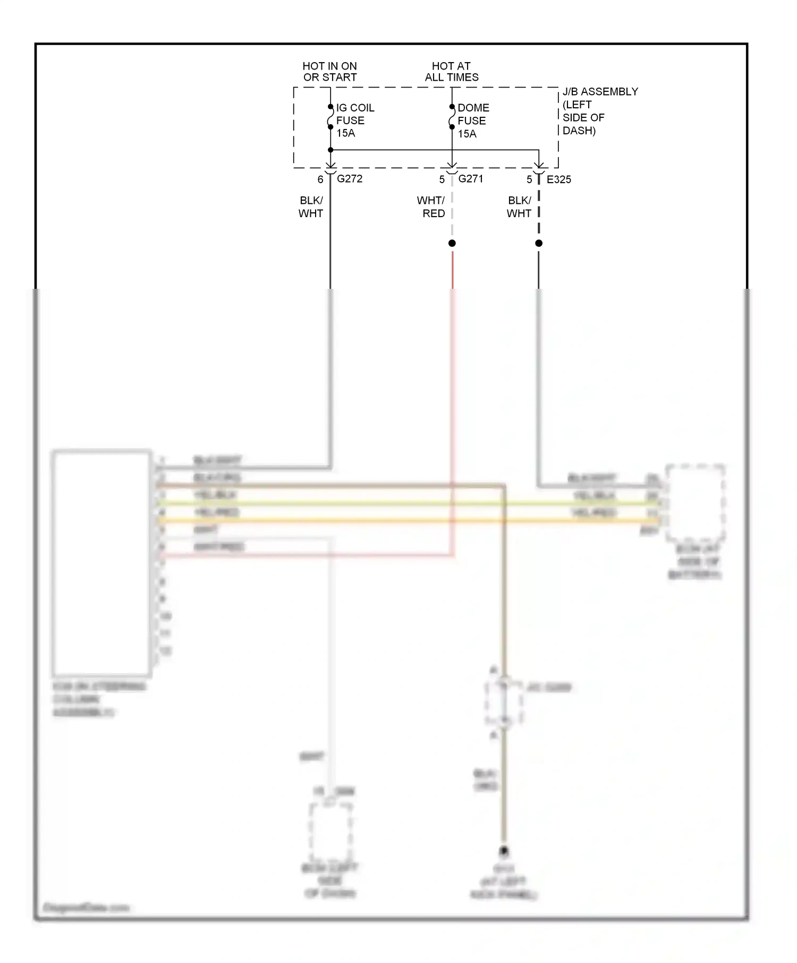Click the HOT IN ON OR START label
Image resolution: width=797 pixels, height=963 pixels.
click(x=329, y=72)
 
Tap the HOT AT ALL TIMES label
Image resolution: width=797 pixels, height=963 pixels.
click(x=451, y=72)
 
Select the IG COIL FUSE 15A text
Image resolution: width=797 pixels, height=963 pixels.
click(x=354, y=121)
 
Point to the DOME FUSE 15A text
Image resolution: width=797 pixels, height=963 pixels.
click(x=473, y=121)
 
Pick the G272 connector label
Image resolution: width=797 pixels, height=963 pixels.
click(x=350, y=179)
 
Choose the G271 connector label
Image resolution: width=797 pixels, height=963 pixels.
click(x=471, y=179)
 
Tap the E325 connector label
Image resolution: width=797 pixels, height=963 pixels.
click(x=559, y=179)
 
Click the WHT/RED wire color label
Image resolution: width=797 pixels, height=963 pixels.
click(x=431, y=207)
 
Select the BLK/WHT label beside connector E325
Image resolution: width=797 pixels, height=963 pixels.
click(x=519, y=207)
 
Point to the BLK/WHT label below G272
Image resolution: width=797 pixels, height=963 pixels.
click(x=311, y=207)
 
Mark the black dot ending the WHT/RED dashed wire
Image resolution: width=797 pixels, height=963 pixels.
click(x=452, y=243)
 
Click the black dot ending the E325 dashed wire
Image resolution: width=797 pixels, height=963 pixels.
click(x=539, y=243)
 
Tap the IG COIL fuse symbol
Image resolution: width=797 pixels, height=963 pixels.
click(x=330, y=117)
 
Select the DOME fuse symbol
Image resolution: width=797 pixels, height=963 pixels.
click(x=452, y=117)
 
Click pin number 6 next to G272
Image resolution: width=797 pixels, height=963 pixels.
click(x=320, y=179)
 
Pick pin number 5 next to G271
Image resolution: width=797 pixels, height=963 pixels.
click(x=442, y=179)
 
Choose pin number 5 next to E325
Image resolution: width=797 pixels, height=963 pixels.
click(x=529, y=179)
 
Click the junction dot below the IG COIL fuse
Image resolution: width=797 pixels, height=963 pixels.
click(x=330, y=150)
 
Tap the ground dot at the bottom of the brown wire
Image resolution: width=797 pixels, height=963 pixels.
click(x=504, y=851)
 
